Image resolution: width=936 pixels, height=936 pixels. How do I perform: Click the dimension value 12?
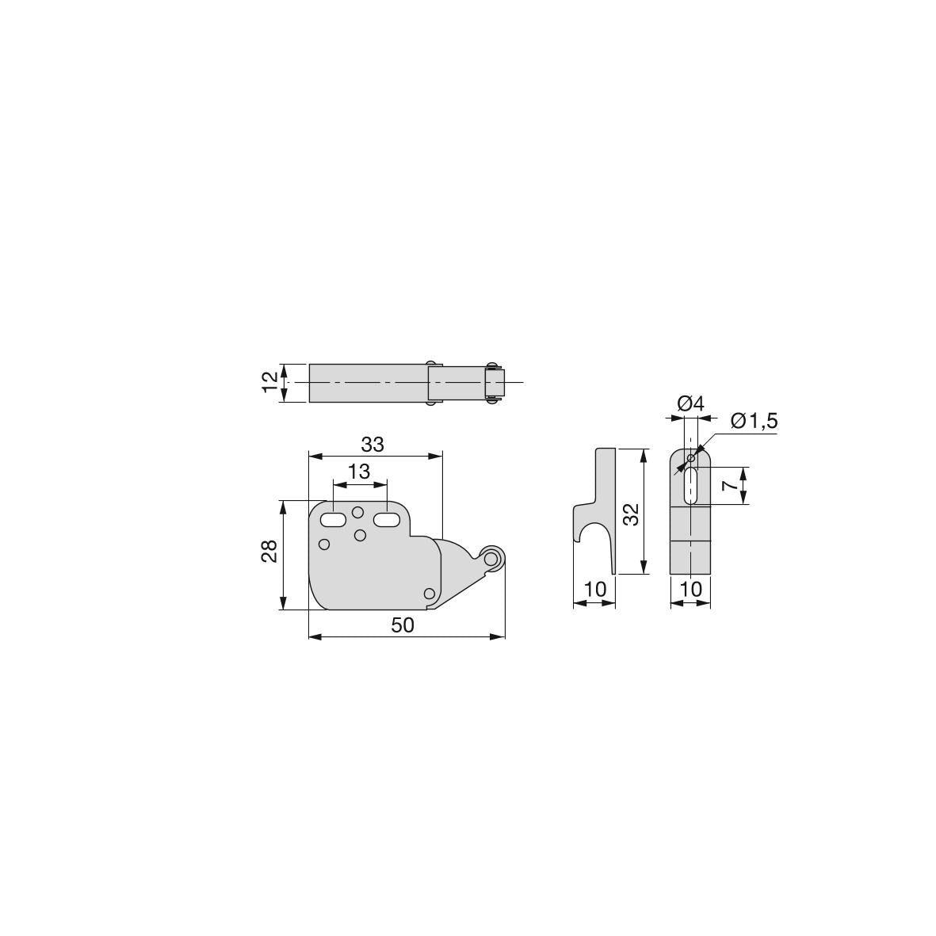pyautogui.click(x=270, y=383)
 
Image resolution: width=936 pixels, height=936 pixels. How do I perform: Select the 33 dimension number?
pyautogui.click(x=372, y=445)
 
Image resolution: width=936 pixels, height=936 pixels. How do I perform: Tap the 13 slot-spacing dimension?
pyautogui.click(x=359, y=472)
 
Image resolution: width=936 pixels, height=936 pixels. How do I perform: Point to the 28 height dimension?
pyautogui.click(x=269, y=551)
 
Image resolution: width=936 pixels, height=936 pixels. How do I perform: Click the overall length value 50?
pyautogui.click(x=403, y=625)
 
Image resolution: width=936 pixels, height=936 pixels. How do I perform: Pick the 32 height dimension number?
pyautogui.click(x=632, y=514)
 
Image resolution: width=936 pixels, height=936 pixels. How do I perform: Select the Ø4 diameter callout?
pyautogui.click(x=691, y=404)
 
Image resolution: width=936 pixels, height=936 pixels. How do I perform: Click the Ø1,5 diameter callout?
pyautogui.click(x=755, y=422)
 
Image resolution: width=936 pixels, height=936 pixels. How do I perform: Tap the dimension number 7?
pyautogui.click(x=729, y=485)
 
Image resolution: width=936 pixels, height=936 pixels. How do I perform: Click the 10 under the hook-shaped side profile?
pyautogui.click(x=595, y=589)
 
